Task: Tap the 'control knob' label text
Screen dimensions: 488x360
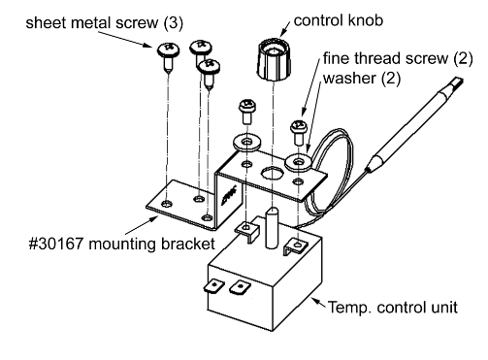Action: (x=339, y=20)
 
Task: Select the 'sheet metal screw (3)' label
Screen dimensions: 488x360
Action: (x=105, y=23)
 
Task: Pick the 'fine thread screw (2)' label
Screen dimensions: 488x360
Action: (x=398, y=58)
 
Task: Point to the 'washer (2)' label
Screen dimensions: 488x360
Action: (x=362, y=79)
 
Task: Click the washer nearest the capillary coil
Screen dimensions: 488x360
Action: (x=298, y=161)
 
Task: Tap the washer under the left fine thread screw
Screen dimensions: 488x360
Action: (x=246, y=142)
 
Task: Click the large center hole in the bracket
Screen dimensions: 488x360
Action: (x=272, y=174)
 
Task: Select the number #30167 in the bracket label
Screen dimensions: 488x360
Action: (x=56, y=244)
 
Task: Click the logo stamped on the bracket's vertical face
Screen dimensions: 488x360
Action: (x=229, y=195)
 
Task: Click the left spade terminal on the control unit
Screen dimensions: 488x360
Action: (x=213, y=286)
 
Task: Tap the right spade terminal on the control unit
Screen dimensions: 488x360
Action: (x=240, y=287)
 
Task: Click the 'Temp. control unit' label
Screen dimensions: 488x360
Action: (x=393, y=307)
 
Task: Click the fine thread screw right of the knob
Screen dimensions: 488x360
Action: (x=298, y=132)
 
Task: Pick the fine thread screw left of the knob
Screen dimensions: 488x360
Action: (x=246, y=112)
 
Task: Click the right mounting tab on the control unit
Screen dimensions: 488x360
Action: (x=295, y=246)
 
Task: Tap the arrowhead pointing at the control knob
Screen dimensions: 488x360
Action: (x=283, y=32)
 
